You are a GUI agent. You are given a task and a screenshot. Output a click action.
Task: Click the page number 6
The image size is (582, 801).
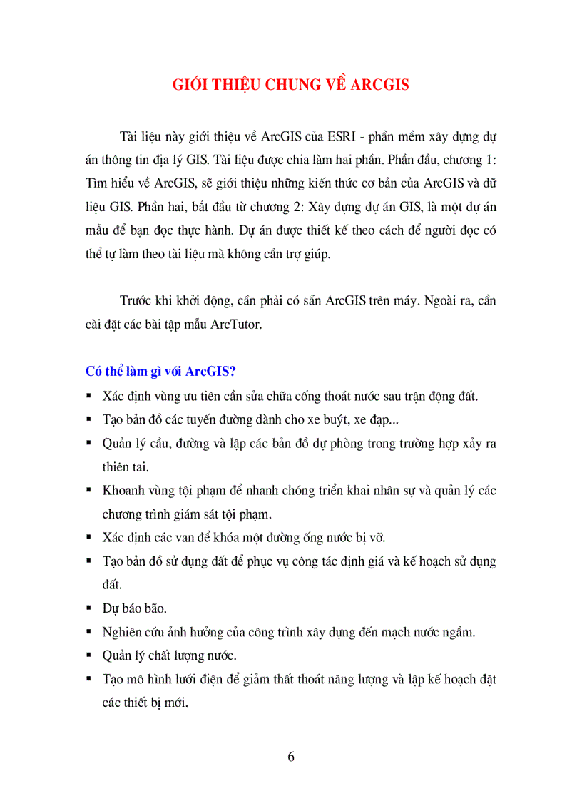(x=291, y=757)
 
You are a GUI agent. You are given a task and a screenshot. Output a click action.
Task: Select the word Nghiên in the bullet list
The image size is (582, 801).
(x=124, y=632)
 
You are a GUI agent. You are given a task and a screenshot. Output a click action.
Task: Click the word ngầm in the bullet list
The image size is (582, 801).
(x=459, y=632)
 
